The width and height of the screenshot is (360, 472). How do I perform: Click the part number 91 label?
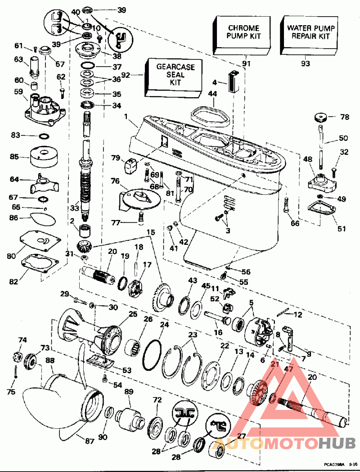[x=246, y=64]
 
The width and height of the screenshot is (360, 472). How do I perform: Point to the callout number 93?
[x=306, y=64]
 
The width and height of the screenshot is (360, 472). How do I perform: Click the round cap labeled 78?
[x=320, y=118]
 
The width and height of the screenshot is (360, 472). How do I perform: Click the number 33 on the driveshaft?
[x=74, y=208]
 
